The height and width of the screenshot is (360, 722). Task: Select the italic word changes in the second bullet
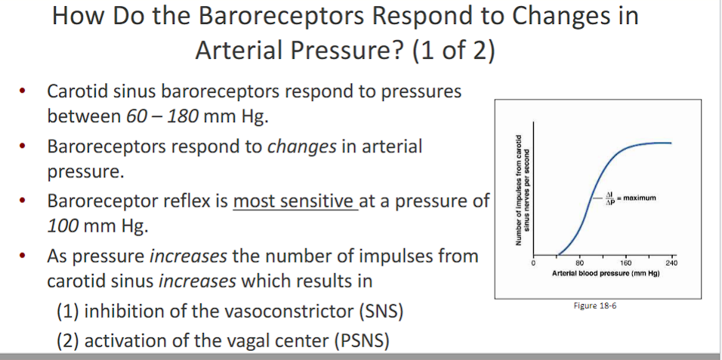(x=302, y=146)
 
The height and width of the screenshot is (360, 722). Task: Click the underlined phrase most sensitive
(x=294, y=201)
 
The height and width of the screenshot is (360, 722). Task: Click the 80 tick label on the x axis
(x=579, y=263)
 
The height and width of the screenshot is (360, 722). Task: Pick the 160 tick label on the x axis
(x=626, y=263)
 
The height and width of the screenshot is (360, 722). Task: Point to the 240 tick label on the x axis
(x=673, y=263)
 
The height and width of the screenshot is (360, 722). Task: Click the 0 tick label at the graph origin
(x=532, y=263)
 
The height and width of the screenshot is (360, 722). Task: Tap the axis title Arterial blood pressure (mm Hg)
(x=606, y=271)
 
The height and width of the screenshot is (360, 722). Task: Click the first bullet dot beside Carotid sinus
(x=25, y=93)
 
